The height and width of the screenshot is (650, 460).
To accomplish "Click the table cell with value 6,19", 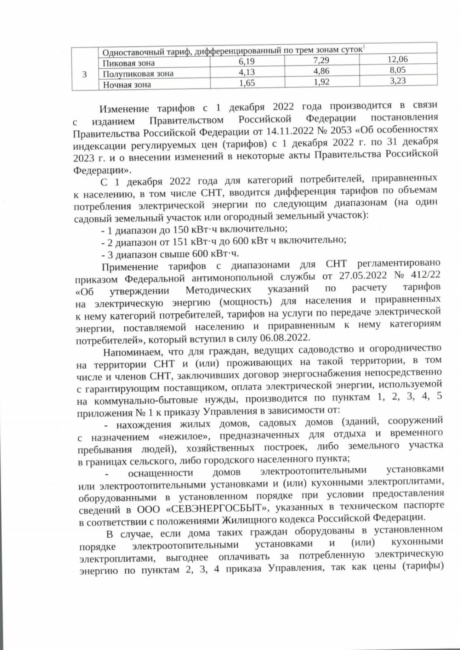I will coord(246,62).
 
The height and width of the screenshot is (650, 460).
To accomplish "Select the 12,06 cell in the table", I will coord(397,59).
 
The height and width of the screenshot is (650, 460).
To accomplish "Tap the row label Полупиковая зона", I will coord(138,74).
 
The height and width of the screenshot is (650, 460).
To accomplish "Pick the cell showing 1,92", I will coord(321,82).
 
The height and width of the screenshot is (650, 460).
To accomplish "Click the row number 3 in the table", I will coord(84,74).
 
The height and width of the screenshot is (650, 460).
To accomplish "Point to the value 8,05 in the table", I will coord(397,70).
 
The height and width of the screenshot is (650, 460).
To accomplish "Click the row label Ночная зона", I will coord(127,84).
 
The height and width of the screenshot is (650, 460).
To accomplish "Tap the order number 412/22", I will coord(423,276).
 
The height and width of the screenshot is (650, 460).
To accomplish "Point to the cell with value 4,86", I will coord(321,71).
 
